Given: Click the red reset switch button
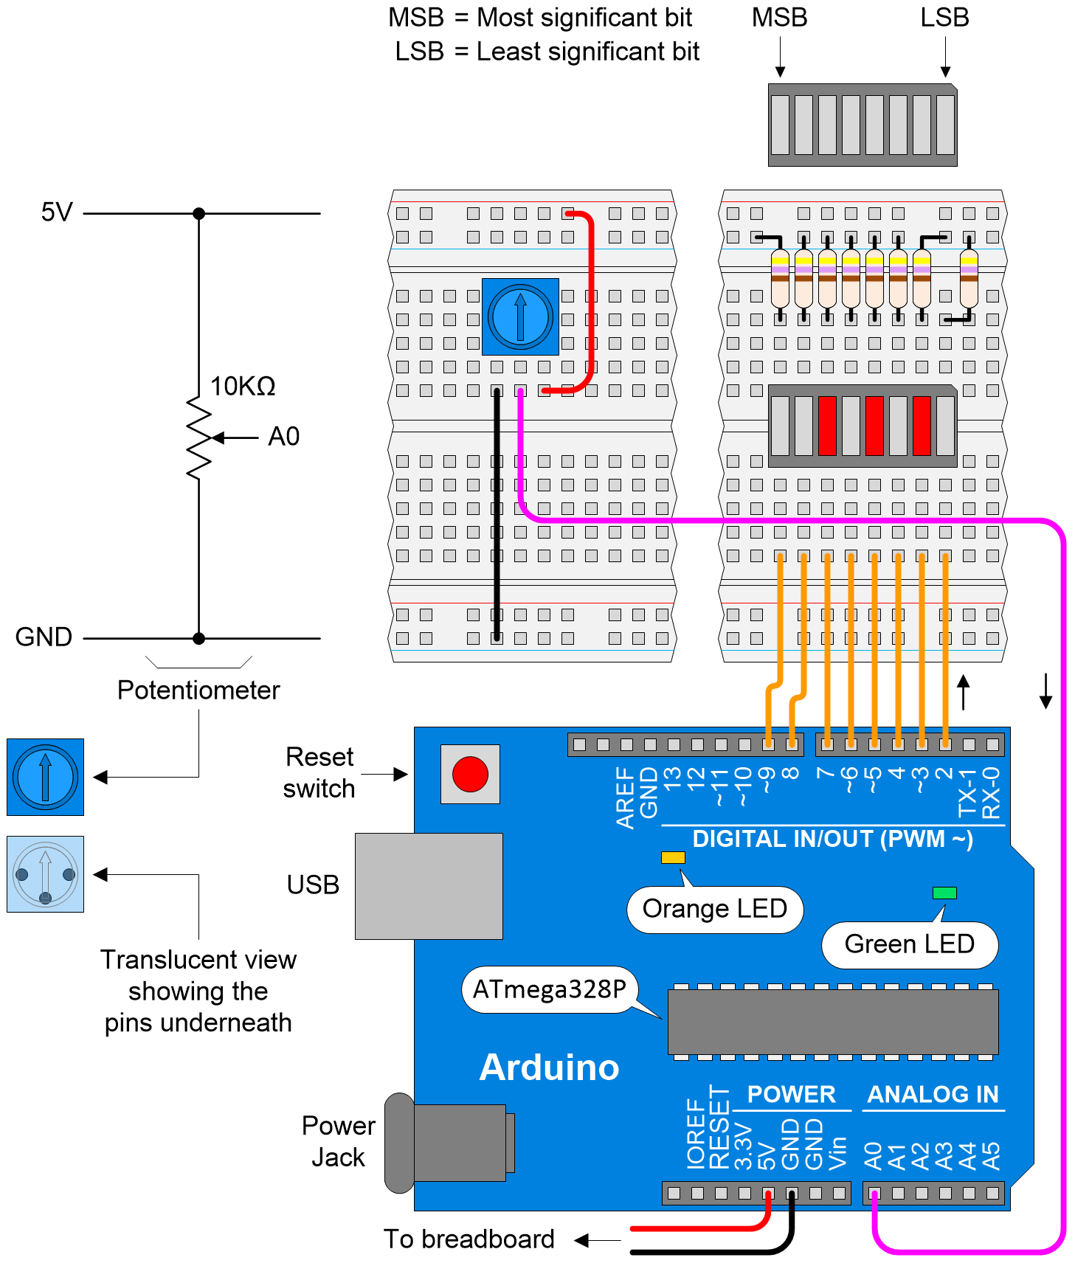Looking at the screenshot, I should pyautogui.click(x=470, y=774).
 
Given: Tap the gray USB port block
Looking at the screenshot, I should pyautogui.click(x=429, y=886).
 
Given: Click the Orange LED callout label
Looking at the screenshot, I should pyautogui.click(x=714, y=909).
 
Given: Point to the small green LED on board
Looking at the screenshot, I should pyautogui.click(x=944, y=893).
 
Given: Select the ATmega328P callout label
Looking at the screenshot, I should pyautogui.click(x=549, y=989).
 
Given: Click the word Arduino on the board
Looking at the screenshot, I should pyautogui.click(x=549, y=1068).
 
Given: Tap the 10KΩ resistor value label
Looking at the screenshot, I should pyautogui.click(x=243, y=386).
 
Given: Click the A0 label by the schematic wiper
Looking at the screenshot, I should pyautogui.click(x=283, y=437).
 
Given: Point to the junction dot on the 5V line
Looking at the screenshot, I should pyautogui.click(x=198, y=213).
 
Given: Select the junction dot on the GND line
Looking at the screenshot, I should pyautogui.click(x=198, y=638).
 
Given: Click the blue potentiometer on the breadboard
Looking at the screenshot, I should pyautogui.click(x=520, y=316).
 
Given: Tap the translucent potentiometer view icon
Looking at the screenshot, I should pyautogui.click(x=45, y=874).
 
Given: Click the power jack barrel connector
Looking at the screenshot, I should pyautogui.click(x=450, y=1143).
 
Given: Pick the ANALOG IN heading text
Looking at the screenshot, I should pyautogui.click(x=933, y=1094).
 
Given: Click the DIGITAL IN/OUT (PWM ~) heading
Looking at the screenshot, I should pyautogui.click(x=832, y=839).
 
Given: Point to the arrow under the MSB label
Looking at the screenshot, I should pyautogui.click(x=780, y=58).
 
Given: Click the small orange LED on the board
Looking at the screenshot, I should pyautogui.click(x=673, y=857).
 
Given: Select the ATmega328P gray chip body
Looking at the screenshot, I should pyautogui.click(x=832, y=1022).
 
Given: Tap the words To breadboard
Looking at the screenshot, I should pyautogui.click(x=469, y=1239).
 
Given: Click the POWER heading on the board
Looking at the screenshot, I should pyautogui.click(x=791, y=1094).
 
